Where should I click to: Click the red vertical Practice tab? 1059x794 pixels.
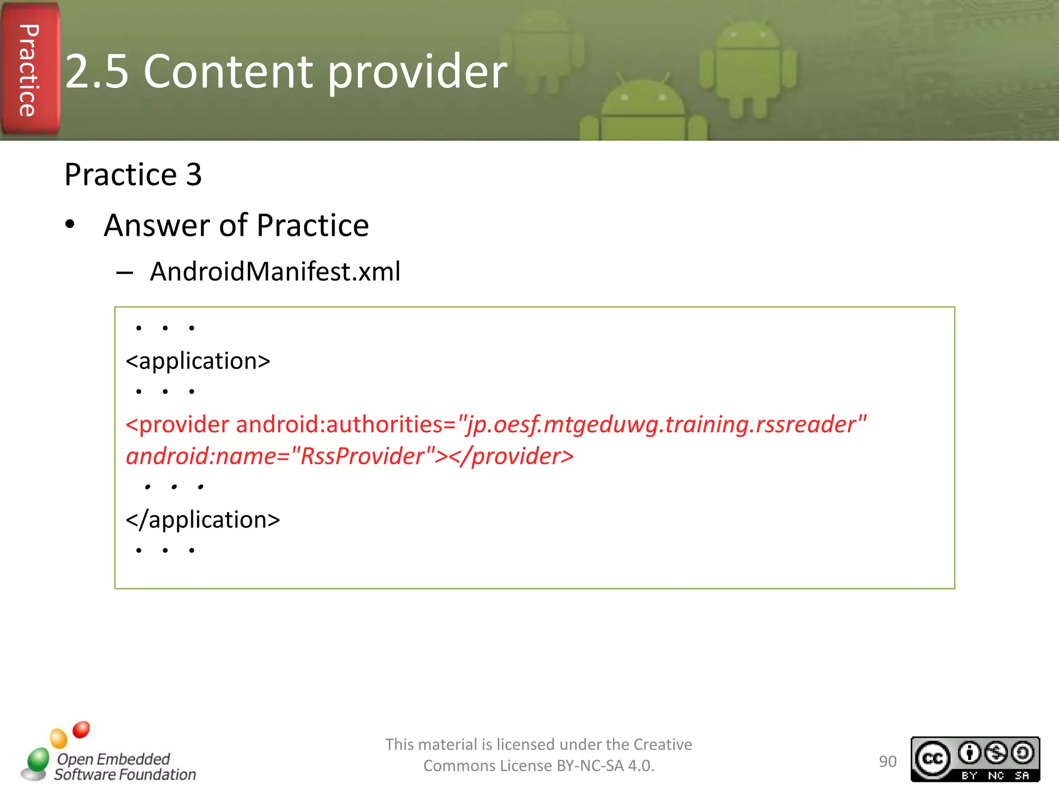point(29,70)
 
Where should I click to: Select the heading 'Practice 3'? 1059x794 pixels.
point(133,174)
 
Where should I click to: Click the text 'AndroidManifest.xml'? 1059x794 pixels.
point(275,271)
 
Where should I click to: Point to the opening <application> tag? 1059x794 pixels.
point(198,361)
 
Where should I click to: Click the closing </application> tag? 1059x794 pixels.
point(203,520)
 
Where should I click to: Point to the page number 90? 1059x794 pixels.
point(887,761)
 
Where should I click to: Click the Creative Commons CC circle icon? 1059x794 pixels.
point(932,758)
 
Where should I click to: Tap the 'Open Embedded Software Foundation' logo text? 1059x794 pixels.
point(124,767)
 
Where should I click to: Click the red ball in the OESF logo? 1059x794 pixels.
point(81,729)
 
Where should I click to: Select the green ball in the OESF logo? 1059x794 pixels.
point(38,760)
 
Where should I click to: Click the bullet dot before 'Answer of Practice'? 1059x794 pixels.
point(70,225)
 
